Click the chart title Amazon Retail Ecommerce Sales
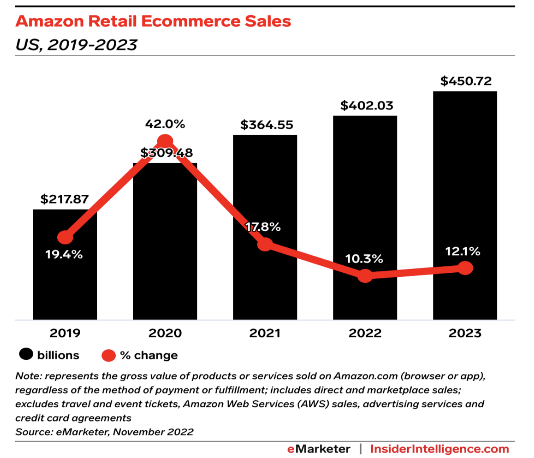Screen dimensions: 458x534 (x=153, y=22)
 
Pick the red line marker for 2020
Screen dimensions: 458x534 (x=165, y=141)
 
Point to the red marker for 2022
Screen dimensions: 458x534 (x=365, y=276)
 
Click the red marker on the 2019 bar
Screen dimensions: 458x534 (x=65, y=238)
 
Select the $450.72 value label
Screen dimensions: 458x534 (x=466, y=82)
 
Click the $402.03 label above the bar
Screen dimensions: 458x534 (x=367, y=106)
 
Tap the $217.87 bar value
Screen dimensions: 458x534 (x=65, y=200)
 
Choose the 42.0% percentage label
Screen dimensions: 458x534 (x=165, y=124)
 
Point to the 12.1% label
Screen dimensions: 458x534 (x=463, y=252)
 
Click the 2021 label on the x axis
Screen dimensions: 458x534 (x=265, y=333)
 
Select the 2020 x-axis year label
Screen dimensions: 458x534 (x=165, y=333)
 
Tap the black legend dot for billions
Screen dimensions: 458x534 (x=26, y=355)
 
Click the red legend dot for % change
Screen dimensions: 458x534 (x=108, y=355)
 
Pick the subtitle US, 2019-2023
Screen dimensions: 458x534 (x=77, y=45)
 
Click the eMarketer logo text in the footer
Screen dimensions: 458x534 (x=318, y=448)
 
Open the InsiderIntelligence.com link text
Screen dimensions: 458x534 (x=440, y=448)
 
